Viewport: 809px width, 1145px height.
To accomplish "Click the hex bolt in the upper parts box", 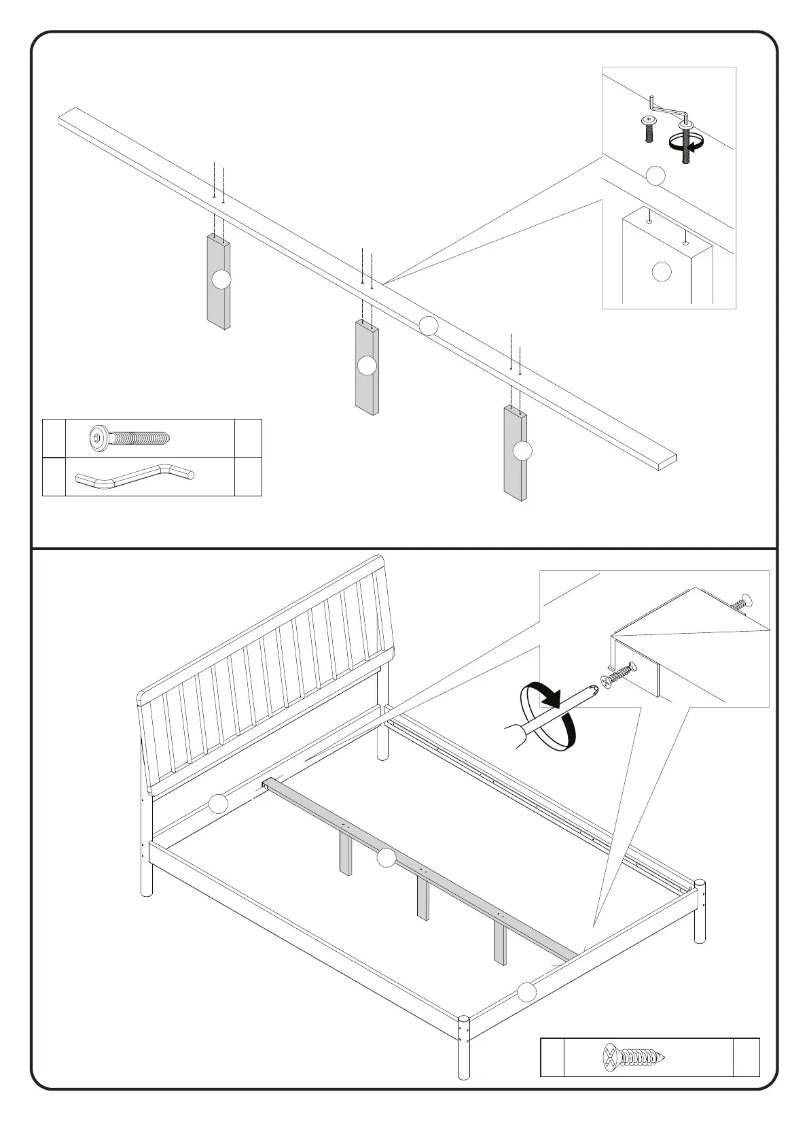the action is click(x=128, y=439).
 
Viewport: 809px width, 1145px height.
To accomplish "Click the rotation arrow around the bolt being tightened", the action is click(x=685, y=141).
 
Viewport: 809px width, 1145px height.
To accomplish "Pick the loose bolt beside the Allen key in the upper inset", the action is click(x=649, y=128).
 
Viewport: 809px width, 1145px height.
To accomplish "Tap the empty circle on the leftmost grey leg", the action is click(x=221, y=279).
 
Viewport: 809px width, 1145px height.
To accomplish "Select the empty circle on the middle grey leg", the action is click(x=367, y=365).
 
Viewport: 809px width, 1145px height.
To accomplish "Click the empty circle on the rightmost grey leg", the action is click(x=522, y=450).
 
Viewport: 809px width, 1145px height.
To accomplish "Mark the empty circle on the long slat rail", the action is click(x=429, y=326).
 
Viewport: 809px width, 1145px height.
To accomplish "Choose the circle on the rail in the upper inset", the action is click(x=655, y=175).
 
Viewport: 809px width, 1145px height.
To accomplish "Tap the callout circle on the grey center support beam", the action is click(x=386, y=858).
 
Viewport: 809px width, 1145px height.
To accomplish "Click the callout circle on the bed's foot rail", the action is click(x=526, y=992).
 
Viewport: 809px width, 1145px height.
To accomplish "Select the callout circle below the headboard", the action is click(x=218, y=804).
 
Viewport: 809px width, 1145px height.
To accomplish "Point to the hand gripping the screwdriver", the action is click(x=516, y=736).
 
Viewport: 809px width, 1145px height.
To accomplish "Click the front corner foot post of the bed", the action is click(x=464, y=1057).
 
